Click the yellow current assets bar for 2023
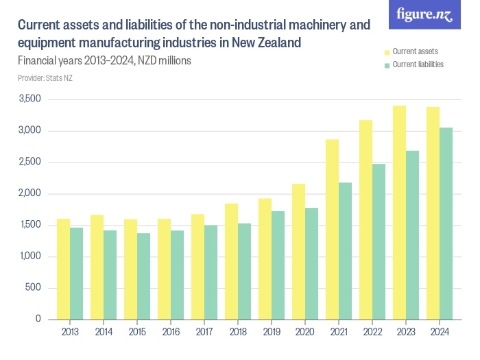(x=399, y=213)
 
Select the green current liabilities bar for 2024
(x=446, y=224)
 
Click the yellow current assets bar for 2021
(x=332, y=229)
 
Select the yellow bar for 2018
(x=231, y=261)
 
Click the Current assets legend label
(x=415, y=51)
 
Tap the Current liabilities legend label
(x=418, y=64)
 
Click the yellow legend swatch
(x=387, y=51)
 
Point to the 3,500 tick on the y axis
(x=30, y=99)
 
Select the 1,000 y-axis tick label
(x=30, y=256)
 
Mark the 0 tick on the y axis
(x=38, y=320)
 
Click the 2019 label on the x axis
(x=271, y=333)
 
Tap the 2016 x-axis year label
(x=170, y=333)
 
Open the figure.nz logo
(x=424, y=15)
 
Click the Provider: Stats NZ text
(x=45, y=78)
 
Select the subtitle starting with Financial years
(x=104, y=60)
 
